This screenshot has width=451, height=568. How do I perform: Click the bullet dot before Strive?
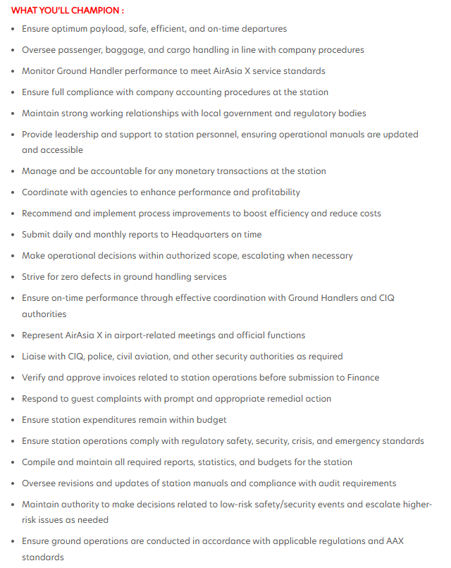[x=13, y=278]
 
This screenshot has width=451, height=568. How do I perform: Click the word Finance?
[x=362, y=378]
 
